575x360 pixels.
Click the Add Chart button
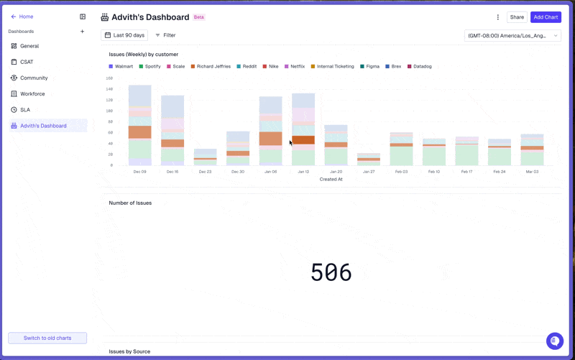(x=546, y=17)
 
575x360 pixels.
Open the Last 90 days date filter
(x=124, y=35)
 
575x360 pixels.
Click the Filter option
(x=165, y=35)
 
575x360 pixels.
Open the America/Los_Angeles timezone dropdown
(x=512, y=35)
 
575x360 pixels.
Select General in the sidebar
(x=29, y=46)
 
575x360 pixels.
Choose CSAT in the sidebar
(x=27, y=62)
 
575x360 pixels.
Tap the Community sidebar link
(x=34, y=78)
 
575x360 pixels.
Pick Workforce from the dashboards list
(x=32, y=94)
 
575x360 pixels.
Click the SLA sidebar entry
(x=25, y=110)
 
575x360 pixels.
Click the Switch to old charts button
(x=47, y=338)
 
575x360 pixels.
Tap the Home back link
(x=22, y=17)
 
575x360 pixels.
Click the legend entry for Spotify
(x=149, y=66)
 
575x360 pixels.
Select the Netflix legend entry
(x=295, y=66)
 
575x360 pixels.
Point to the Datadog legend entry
(x=420, y=66)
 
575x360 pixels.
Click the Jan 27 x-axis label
(x=369, y=172)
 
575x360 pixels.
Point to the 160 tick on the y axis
(x=109, y=78)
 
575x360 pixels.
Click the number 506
(x=331, y=272)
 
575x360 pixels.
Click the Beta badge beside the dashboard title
(x=199, y=17)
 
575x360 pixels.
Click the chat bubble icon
(x=554, y=341)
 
